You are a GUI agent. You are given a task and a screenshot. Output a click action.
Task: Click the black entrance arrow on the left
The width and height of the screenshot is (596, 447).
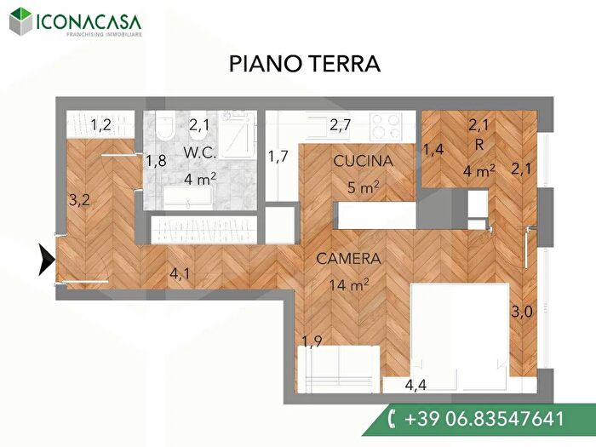coord(44,260)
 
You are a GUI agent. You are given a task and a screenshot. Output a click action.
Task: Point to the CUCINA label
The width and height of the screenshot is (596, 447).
coord(363,161)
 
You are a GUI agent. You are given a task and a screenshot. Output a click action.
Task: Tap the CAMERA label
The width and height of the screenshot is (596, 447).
coord(348,258)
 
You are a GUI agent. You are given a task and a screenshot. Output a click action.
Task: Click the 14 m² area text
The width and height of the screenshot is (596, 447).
coord(348,284)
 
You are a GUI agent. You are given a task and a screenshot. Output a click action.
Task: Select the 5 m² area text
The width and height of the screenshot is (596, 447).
coord(363,186)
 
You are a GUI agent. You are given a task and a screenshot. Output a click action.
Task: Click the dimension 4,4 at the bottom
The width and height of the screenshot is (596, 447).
coord(415,385)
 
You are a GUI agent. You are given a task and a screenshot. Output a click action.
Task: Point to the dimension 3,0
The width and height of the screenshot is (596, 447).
coord(521,312)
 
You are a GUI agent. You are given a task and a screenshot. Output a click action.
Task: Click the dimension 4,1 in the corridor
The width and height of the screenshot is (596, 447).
coord(181,274)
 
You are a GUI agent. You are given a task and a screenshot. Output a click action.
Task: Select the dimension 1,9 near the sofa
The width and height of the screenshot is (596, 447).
coord(312,342)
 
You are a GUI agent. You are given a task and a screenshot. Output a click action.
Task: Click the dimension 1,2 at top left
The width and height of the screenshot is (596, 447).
coord(101,126)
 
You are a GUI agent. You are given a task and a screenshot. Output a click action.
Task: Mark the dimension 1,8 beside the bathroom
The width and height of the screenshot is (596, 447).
coord(155,161)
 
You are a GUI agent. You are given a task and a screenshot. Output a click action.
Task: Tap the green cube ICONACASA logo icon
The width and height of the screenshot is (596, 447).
coord(24,21)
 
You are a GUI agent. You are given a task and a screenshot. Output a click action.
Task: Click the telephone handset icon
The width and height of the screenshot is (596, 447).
coord(392,419)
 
